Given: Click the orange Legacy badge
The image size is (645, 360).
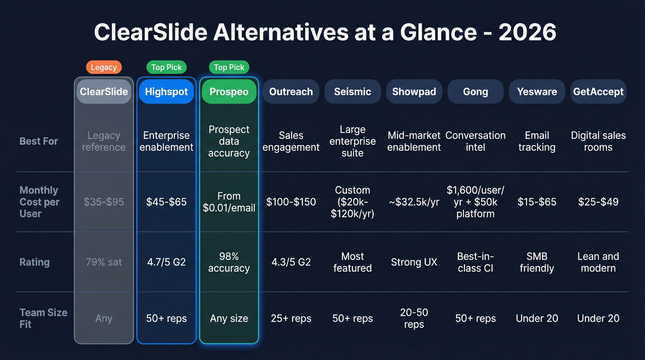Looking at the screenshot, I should point(104,67).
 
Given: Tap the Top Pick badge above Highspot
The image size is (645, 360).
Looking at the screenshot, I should point(166,67).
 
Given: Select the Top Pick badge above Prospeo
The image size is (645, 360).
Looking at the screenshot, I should point(229,67).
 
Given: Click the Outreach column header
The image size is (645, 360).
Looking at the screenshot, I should point(291,91).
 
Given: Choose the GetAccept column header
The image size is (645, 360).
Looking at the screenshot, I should point(598,91).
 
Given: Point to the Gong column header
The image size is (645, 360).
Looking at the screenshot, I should point(475,91).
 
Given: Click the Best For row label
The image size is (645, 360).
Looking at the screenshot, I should point(39,141).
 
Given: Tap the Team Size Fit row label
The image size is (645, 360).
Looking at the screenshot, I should point(43,318).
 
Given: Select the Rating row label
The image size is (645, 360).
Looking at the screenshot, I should point(35,262).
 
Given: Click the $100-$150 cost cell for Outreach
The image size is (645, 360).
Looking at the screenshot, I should point(291,202).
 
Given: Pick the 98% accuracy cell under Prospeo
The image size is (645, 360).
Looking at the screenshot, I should point(229,262).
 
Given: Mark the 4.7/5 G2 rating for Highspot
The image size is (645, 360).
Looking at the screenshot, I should point(166,262).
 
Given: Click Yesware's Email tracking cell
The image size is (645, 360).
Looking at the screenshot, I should point(537,141).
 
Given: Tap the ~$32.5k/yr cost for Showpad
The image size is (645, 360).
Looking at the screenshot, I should point(414,202).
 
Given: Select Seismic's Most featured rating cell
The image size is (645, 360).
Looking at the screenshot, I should point(352,262).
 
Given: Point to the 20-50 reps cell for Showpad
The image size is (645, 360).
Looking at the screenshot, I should point(414,318).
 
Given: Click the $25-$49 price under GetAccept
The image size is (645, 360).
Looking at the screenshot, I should point(598,202).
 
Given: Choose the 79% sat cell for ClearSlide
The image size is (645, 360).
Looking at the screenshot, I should point(104,262).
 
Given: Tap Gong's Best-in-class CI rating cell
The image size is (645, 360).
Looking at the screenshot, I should point(475,262).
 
